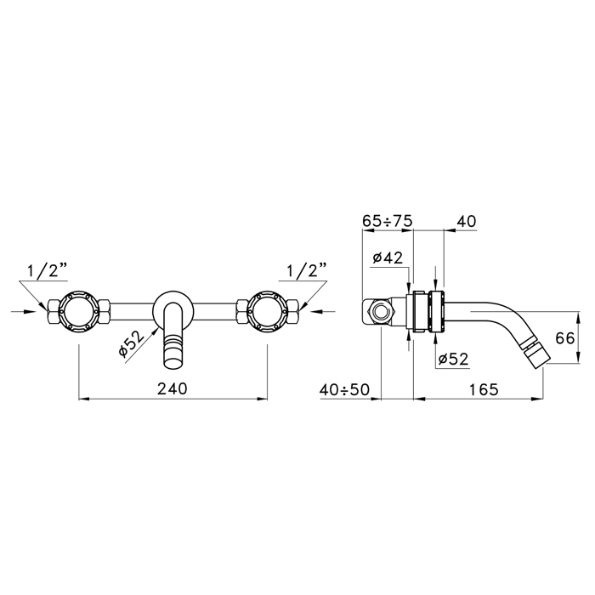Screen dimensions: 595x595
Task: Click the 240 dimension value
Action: (173, 388)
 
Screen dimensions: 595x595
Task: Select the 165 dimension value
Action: (483, 389)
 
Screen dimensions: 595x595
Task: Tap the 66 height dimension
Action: (564, 338)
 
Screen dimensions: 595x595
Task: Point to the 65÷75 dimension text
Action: (387, 221)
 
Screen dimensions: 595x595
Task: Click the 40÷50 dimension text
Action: (344, 389)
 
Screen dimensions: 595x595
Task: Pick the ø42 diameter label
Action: (388, 258)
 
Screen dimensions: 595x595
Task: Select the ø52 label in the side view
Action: (453, 359)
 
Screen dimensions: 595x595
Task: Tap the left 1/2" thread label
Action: (47, 270)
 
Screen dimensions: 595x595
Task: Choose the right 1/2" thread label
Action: (307, 270)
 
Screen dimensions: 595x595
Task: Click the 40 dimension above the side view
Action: (467, 221)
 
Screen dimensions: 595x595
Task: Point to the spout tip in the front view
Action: (173, 360)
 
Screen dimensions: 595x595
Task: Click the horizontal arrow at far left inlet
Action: (24, 311)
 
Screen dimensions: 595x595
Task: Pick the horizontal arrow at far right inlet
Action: (322, 311)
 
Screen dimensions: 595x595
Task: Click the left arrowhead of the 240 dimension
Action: (83, 399)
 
